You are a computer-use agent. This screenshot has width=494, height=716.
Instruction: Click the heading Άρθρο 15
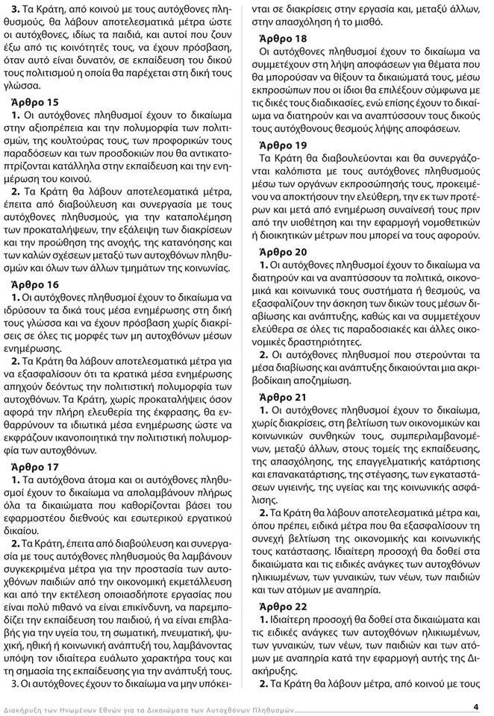coord(39,100)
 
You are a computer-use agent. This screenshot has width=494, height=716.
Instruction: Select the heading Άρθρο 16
coord(39,285)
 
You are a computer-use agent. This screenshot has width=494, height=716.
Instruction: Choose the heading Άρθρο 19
coord(281,145)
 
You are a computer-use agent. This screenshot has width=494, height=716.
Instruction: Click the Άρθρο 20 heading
coord(281,251)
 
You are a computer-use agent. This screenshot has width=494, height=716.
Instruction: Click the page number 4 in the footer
coord(475,706)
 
